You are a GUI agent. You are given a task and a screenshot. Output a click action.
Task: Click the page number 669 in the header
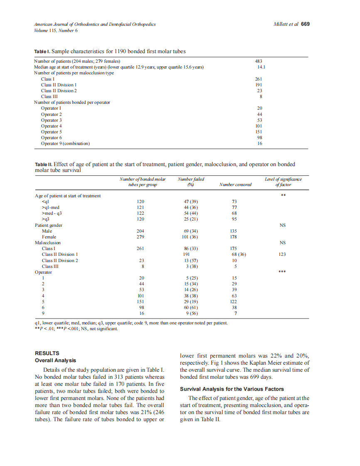[305, 24]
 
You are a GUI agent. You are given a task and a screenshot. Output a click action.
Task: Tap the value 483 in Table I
[258, 61]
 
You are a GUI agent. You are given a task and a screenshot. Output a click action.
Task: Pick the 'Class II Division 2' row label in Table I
[59, 91]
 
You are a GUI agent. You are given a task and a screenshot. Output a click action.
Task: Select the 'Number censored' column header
[235, 185]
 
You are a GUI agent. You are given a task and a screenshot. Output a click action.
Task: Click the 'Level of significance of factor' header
[283, 182]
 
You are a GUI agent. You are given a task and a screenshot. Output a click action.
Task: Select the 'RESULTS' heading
[47, 353]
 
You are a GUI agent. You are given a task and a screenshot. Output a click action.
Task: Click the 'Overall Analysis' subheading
[55, 360]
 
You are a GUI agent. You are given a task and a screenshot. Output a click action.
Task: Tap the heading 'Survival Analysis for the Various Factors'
[232, 389]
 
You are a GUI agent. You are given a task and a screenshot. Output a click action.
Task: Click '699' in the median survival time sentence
[249, 377]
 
